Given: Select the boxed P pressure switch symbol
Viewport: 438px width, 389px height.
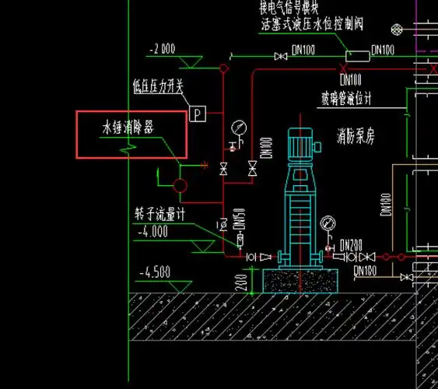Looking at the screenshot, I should click(x=198, y=114).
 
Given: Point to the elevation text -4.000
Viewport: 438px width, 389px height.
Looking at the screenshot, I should click(x=152, y=231).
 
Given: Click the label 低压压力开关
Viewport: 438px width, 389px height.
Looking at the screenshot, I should click(x=158, y=88).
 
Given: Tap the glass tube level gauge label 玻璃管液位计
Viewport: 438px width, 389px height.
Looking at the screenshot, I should click(x=347, y=99).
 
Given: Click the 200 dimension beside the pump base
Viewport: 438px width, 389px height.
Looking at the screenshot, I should click(x=242, y=279).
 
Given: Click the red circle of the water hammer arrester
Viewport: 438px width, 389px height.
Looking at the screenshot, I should click(x=180, y=186).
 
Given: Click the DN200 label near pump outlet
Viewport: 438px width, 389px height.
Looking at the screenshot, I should click(x=352, y=244).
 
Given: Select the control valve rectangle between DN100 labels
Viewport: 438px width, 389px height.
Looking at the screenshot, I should click(x=358, y=55).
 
